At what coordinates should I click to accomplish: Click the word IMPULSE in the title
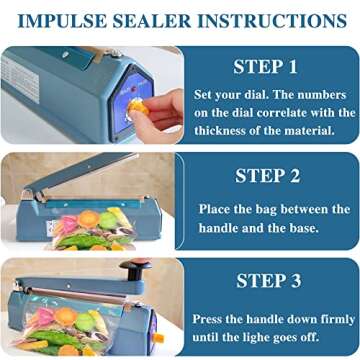(61, 20)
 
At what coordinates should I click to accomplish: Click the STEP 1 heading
(264, 69)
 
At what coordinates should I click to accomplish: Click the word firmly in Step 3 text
(331, 318)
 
